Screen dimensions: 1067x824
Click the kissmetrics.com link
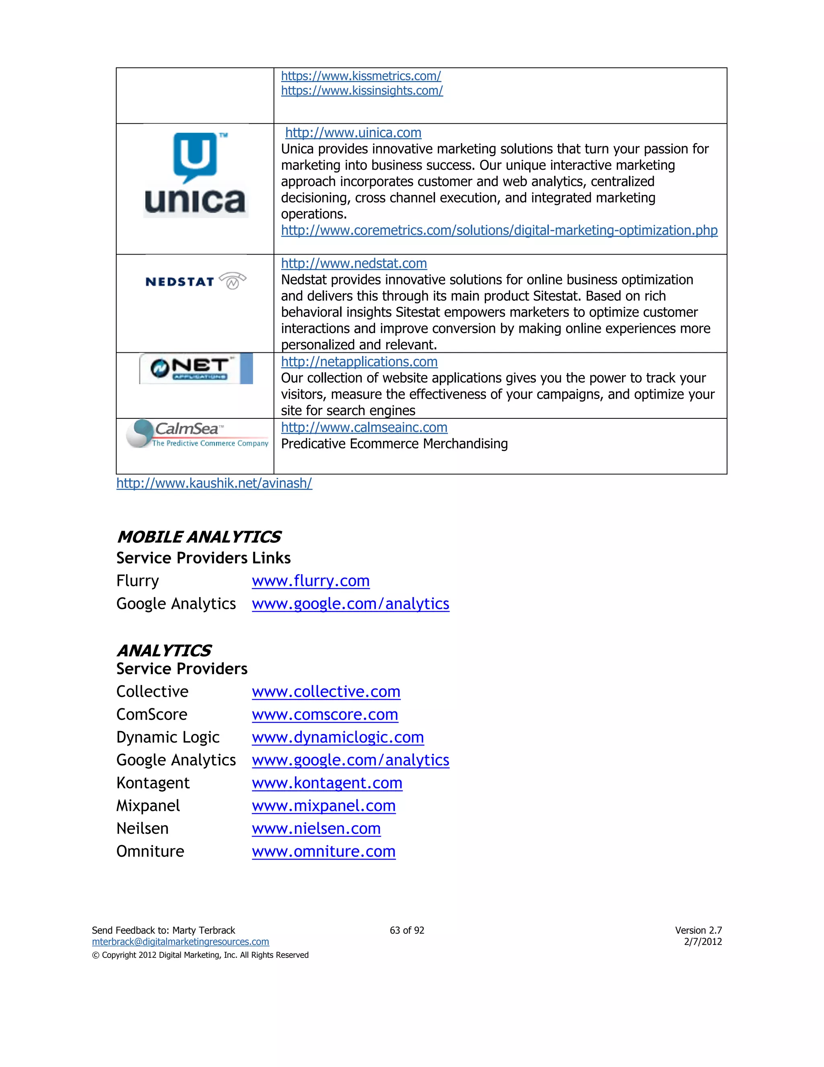[361, 76]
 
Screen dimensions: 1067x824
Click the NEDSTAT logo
[195, 281]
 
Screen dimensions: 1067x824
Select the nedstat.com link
[354, 263]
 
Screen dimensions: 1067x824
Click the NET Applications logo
[196, 369]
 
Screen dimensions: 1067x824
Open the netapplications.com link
[359, 362]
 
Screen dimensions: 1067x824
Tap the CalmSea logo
[197, 433]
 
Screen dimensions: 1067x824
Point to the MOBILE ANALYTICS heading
[199, 537]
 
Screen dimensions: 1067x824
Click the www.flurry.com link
[311, 581]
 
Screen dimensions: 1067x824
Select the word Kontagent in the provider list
[153, 783]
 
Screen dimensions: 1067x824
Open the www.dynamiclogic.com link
[338, 737]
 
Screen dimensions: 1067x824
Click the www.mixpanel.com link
[323, 806]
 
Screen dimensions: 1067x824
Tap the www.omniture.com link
[323, 852]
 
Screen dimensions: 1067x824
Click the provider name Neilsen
[142, 829]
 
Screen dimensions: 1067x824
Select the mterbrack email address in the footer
[180, 941]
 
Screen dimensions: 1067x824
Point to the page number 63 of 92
[407, 930]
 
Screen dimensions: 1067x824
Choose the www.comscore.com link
[325, 715]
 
